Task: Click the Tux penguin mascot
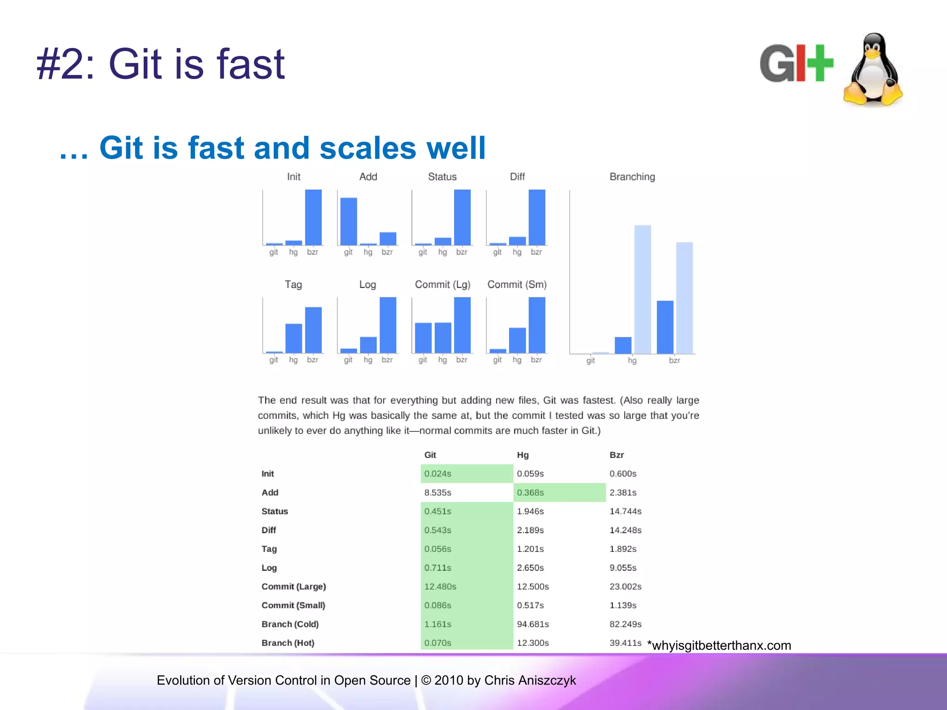(x=873, y=70)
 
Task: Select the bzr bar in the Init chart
(x=313, y=217)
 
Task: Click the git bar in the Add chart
(x=349, y=221)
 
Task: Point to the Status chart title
(x=442, y=177)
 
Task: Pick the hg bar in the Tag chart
(x=294, y=338)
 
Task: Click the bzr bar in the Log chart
(x=387, y=325)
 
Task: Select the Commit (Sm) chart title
(x=517, y=284)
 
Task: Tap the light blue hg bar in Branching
(x=642, y=289)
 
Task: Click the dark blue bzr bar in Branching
(x=665, y=327)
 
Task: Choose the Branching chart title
(x=632, y=177)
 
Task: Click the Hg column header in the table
(x=523, y=455)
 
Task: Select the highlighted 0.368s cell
(x=530, y=492)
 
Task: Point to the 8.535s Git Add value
(x=437, y=492)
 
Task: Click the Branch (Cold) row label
(x=290, y=624)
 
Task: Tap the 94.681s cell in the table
(x=533, y=624)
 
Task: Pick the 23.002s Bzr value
(x=625, y=586)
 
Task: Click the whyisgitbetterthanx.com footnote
(x=719, y=645)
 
